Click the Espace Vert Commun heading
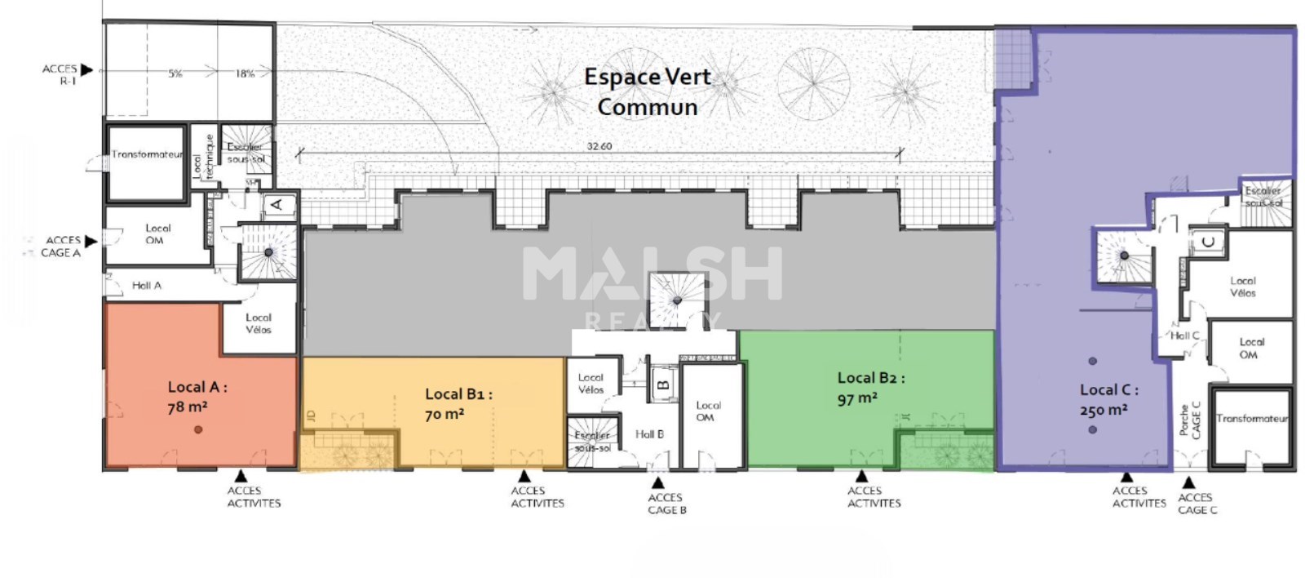648,91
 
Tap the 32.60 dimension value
599,146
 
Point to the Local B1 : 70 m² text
458,403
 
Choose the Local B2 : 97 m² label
870,388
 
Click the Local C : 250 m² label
1108,399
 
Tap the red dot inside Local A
198,429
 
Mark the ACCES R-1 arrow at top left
87,70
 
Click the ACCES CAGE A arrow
91,241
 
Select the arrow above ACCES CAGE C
1188,482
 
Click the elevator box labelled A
276,204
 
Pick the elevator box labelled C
1208,242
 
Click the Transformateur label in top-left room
147,154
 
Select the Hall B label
649,434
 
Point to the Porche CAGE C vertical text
1190,420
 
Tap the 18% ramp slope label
245,73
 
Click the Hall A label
147,286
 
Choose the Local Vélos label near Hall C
1242,287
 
